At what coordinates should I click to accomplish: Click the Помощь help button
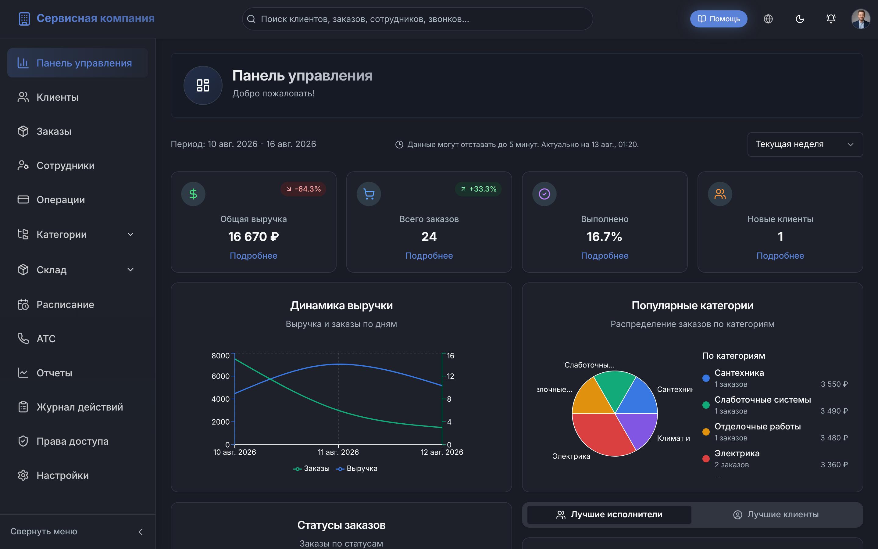[718, 19]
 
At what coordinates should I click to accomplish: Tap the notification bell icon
[831, 19]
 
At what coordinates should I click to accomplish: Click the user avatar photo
[861, 19]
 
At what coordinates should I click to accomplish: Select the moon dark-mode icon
[800, 19]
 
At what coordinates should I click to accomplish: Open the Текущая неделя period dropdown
[805, 145]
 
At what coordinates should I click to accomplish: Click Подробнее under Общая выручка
[254, 256]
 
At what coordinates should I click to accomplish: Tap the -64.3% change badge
[303, 189]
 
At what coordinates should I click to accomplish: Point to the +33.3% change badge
[478, 189]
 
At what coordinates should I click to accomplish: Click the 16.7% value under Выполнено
[605, 237]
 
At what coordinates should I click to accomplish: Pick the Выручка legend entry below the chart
[357, 468]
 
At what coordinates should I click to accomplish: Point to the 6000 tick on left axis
[221, 376]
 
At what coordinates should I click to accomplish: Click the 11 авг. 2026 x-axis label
[338, 452]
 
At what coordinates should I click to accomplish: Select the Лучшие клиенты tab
[776, 515]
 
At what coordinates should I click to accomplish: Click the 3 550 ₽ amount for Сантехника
[834, 384]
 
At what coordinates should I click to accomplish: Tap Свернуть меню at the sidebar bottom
[44, 532]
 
